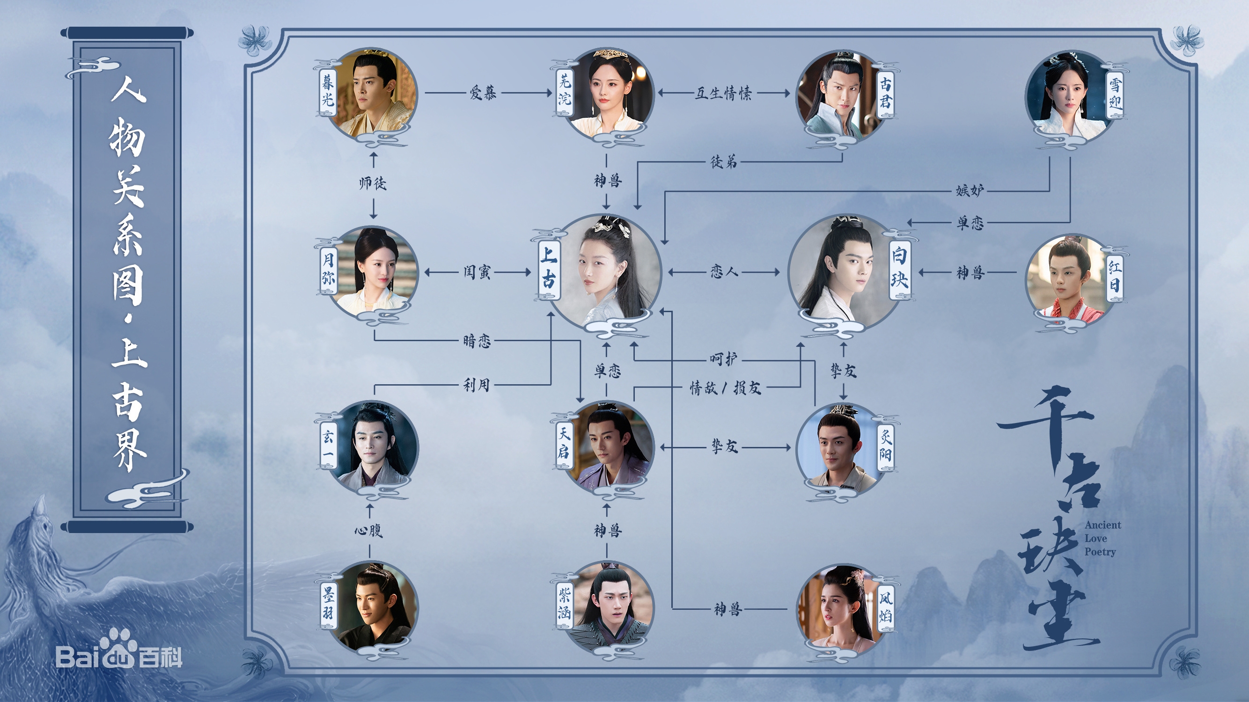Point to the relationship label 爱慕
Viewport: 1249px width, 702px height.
(483, 93)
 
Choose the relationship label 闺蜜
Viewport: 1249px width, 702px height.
(477, 272)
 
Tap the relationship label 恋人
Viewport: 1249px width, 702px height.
(724, 272)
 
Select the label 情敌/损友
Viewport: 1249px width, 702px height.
(725, 388)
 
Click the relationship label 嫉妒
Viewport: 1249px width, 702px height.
(970, 190)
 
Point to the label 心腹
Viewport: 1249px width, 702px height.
(369, 531)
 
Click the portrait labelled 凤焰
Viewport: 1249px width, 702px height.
(840, 608)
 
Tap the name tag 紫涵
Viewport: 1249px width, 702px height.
(564, 606)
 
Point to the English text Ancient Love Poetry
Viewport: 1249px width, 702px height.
(1102, 538)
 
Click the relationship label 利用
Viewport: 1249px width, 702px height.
(477, 386)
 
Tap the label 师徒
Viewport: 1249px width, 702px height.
(373, 184)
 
